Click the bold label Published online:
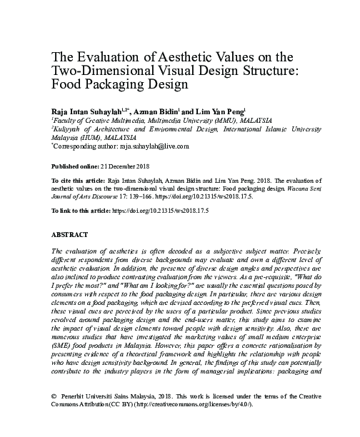click(76, 165)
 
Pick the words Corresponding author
click(83, 146)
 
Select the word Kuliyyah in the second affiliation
click(70, 130)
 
